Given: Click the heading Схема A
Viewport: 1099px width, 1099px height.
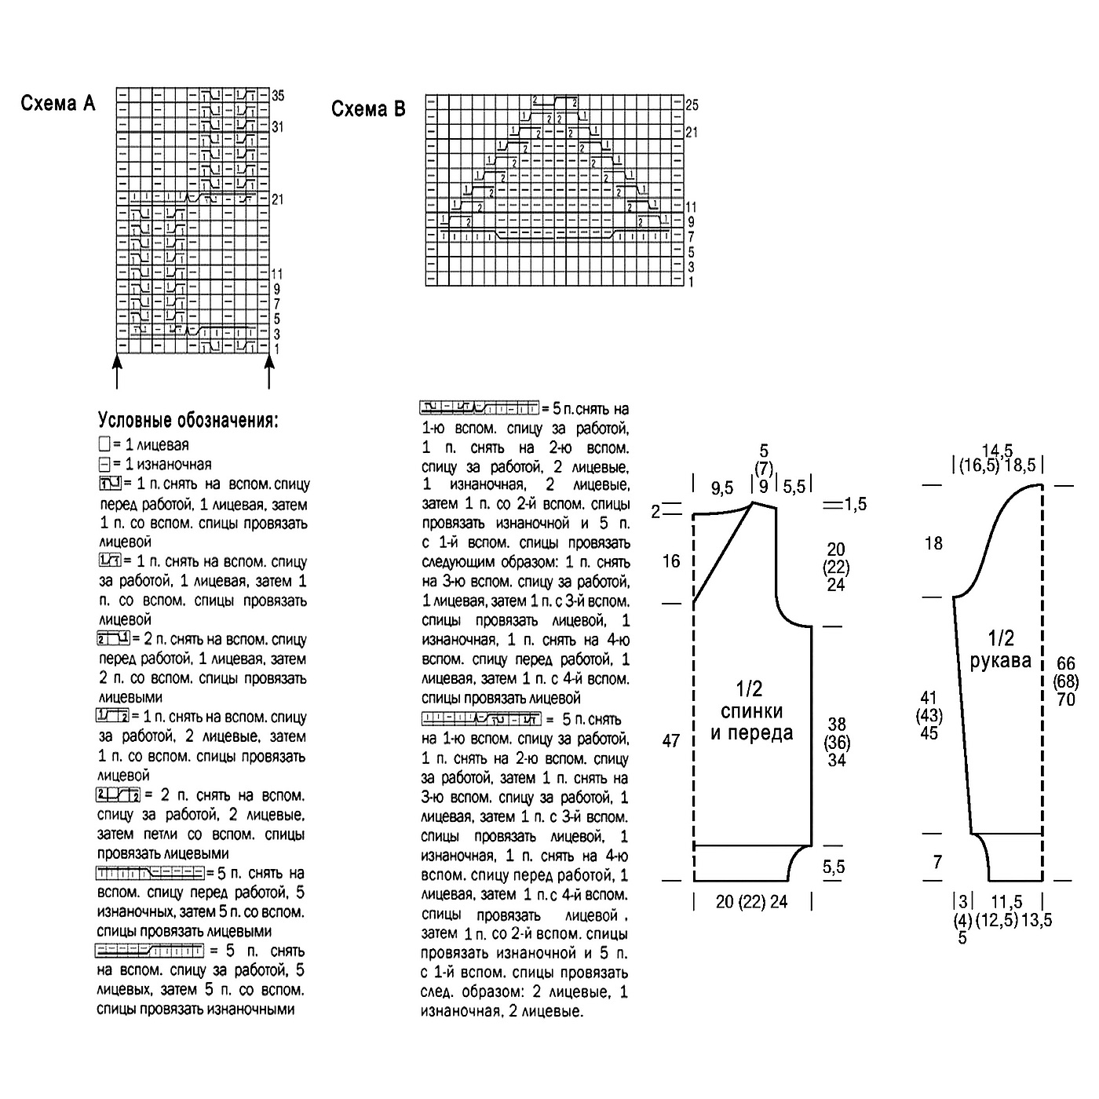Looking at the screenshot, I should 58,104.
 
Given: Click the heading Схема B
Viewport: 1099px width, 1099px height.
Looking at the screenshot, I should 368,109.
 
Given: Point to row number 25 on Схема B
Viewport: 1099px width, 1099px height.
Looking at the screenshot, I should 691,104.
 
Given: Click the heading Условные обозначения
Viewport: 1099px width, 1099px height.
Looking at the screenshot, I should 188,421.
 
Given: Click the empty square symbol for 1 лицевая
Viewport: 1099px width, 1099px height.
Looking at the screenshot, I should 104,444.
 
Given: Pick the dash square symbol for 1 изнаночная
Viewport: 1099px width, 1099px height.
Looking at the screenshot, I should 104,464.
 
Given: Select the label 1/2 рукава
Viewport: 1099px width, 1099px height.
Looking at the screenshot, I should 1000,649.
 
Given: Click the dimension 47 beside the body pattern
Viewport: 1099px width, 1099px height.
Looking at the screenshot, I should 671,740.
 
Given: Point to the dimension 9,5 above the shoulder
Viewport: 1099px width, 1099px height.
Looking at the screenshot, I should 722,489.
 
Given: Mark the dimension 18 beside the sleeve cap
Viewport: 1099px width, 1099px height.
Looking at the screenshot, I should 933,543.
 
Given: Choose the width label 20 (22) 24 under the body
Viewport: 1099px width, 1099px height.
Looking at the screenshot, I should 751,902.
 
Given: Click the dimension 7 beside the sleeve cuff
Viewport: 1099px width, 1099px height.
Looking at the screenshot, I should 937,863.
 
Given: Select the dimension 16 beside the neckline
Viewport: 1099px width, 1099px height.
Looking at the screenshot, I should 671,561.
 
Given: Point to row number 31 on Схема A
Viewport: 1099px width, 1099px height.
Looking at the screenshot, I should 278,127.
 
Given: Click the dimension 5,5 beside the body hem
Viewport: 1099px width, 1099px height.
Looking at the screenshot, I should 834,867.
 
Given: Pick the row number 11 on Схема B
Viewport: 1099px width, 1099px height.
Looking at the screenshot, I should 691,207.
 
